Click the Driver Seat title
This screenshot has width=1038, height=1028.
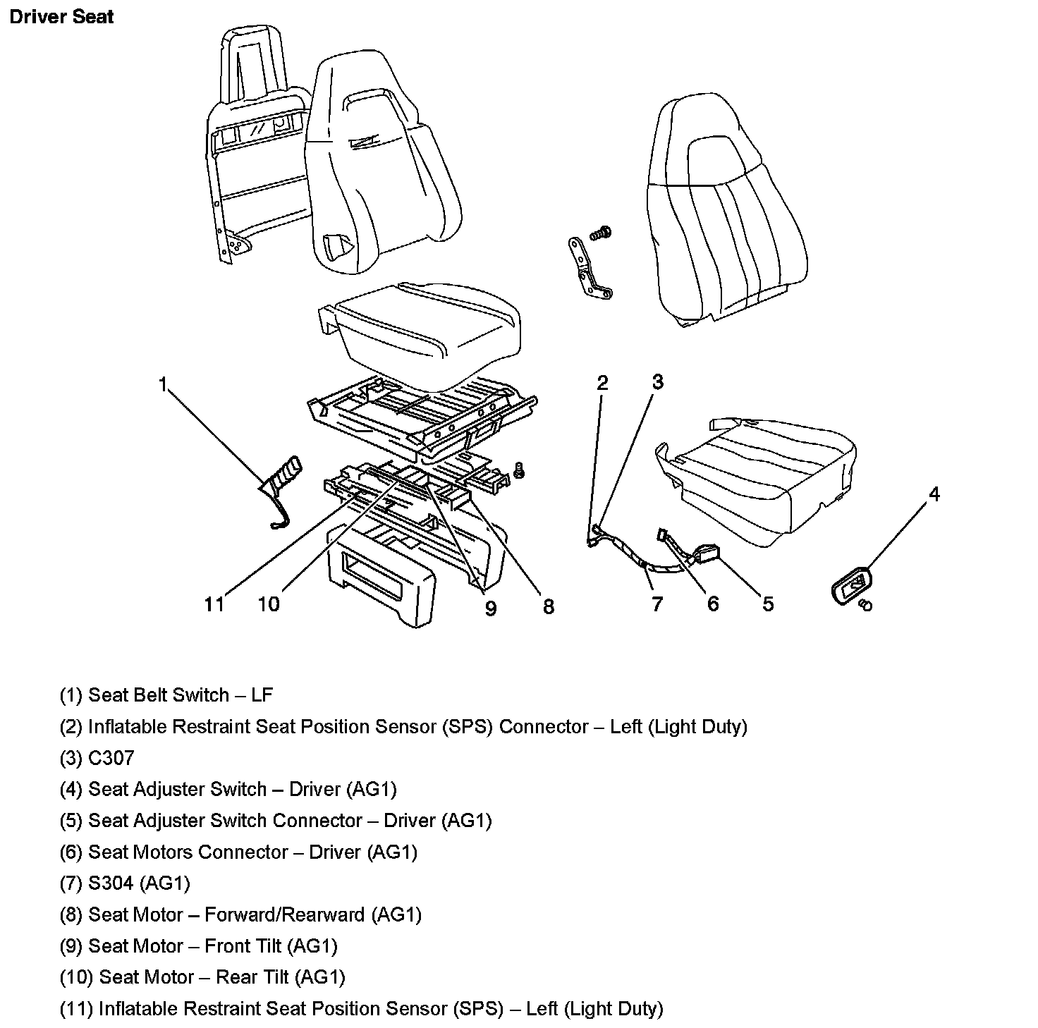pos(61,16)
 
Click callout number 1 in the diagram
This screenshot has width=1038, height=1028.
pos(164,385)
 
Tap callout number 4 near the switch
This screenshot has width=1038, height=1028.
pos(934,494)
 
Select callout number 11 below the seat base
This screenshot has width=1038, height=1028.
pos(214,604)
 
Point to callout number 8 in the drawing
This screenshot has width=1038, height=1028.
pos(548,606)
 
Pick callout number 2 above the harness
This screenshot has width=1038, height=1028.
pos(602,383)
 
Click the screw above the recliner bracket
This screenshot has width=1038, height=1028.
pos(602,232)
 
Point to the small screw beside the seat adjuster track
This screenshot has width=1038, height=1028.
pos(520,470)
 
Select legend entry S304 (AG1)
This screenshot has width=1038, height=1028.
pos(125,883)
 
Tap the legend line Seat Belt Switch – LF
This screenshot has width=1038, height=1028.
pos(166,695)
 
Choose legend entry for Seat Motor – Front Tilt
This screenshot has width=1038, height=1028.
pos(198,946)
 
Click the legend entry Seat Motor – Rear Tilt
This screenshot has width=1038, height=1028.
pos(202,977)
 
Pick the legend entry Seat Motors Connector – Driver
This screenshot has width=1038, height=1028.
pos(238,852)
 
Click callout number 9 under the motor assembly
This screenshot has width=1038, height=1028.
pos(490,607)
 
